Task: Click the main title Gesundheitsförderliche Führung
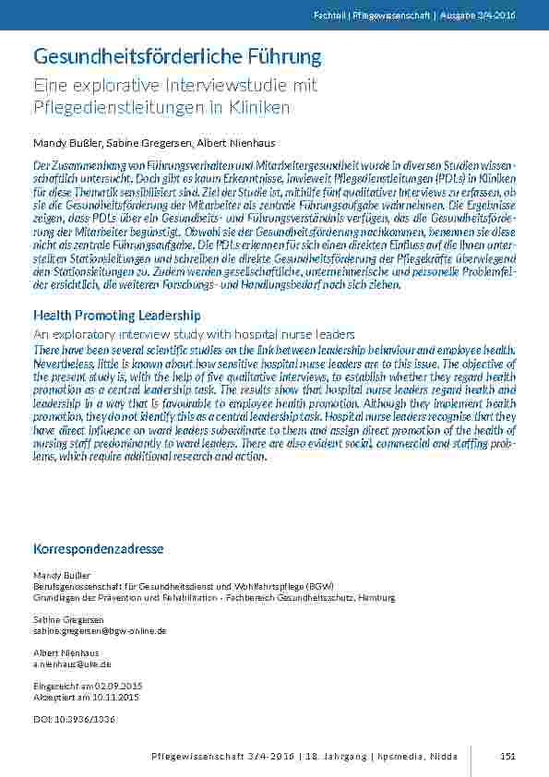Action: (x=177, y=57)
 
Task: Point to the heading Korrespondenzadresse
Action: (x=98, y=549)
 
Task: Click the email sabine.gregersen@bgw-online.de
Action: (x=100, y=631)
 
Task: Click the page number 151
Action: (x=507, y=756)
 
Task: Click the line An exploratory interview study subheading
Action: (x=194, y=333)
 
